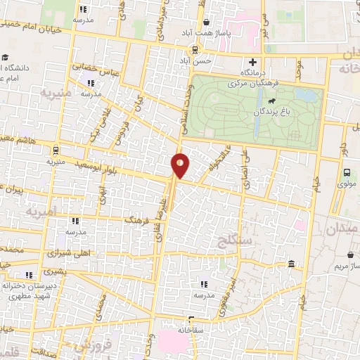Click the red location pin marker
[x=180, y=165]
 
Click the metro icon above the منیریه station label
[x=54, y=149]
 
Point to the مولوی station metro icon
[x=347, y=173]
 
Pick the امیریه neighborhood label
[x=39, y=210]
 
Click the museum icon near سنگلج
[x=291, y=264]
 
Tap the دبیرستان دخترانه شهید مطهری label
[x=28, y=291]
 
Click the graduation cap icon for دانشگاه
[x=6, y=58]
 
